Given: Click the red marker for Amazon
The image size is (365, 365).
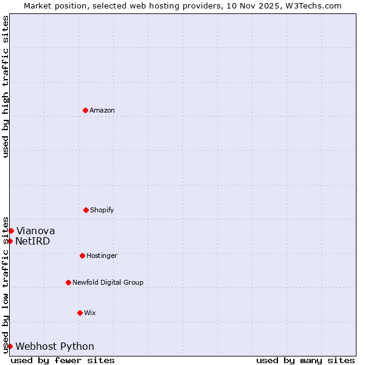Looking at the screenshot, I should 85,110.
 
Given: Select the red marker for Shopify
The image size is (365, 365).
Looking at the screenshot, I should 86,210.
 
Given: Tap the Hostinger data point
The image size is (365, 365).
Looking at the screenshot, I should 82,255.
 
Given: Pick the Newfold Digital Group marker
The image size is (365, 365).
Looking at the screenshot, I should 68,282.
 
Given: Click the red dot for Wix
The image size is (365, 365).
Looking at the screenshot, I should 80,313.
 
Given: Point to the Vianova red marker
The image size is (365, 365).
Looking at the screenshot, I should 11,231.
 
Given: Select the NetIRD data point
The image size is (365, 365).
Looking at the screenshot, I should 10,241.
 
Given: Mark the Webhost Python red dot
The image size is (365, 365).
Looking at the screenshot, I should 10,346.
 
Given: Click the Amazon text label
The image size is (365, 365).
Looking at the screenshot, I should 102,110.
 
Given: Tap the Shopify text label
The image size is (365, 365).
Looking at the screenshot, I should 102,210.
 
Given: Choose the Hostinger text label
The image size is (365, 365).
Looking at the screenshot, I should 102,255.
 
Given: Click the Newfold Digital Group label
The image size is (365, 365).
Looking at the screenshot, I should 108,282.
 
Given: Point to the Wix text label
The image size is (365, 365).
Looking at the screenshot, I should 90,313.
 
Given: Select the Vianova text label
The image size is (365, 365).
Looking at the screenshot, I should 35,231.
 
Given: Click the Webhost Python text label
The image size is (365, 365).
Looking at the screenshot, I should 55,346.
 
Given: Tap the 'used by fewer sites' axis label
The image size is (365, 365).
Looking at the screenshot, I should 63,360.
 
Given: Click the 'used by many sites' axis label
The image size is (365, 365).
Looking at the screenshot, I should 305,360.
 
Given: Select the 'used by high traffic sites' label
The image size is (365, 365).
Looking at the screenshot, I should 5,86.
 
